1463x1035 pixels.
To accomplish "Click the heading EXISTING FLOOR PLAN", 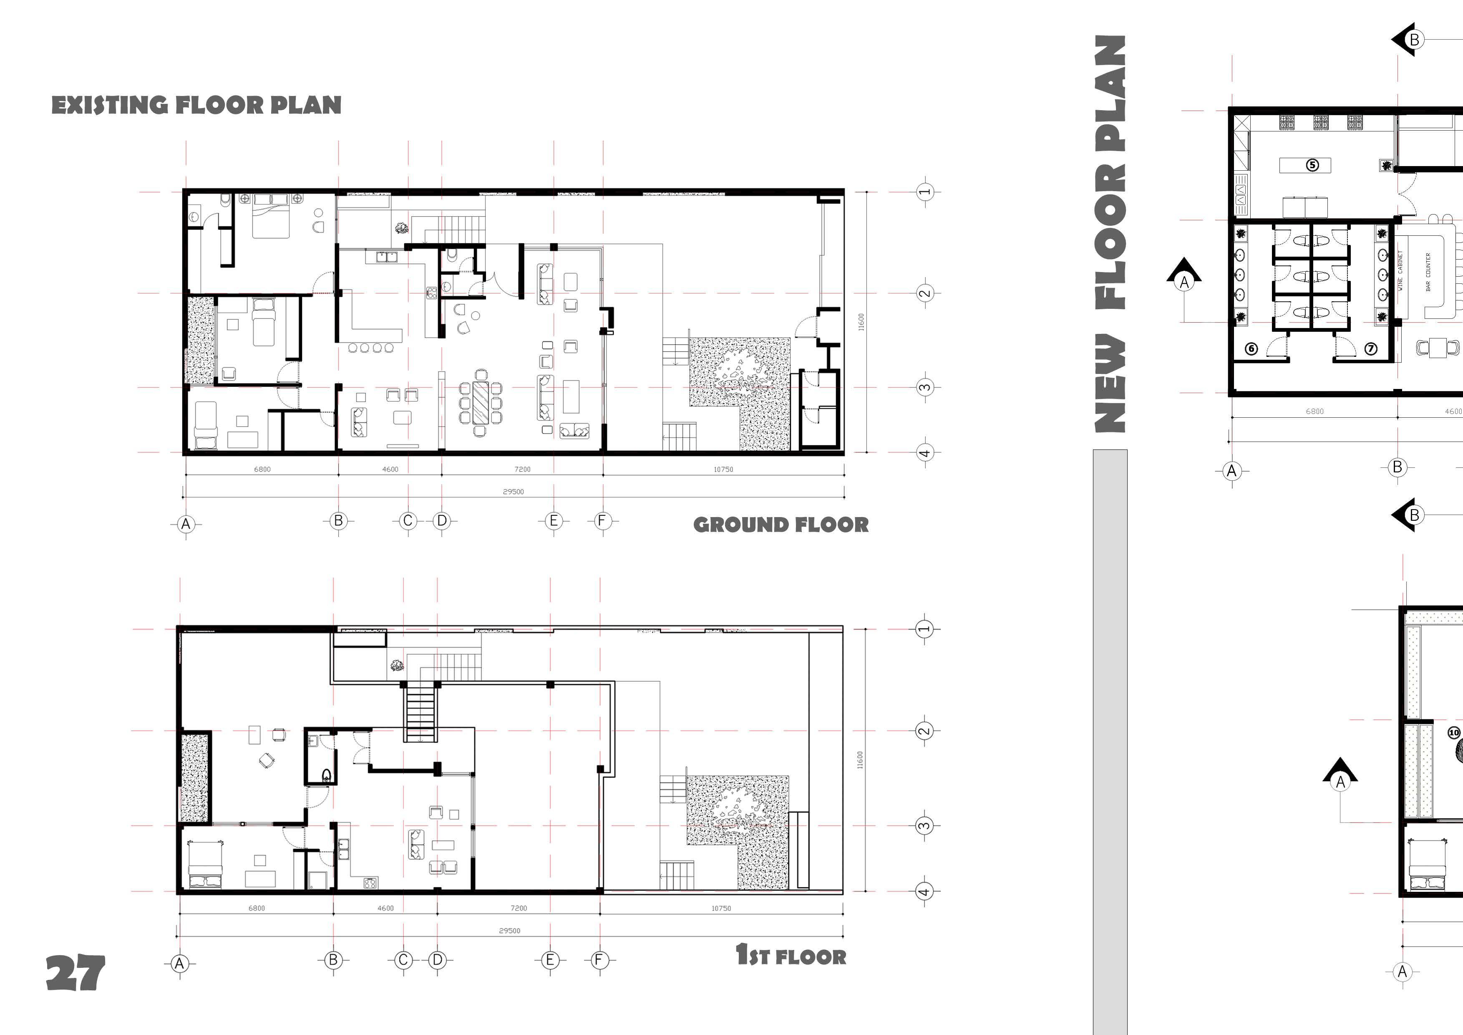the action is click(196, 105).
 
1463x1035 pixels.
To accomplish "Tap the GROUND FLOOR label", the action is click(781, 525).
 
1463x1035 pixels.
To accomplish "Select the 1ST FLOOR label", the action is click(791, 955).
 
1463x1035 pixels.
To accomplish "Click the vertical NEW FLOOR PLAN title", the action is click(1110, 234).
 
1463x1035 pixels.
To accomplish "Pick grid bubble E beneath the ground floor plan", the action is click(554, 521).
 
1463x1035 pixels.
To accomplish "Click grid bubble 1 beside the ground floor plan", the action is click(924, 191).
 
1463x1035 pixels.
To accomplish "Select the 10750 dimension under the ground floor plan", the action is click(723, 470).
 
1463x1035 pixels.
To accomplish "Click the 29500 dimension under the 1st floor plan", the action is click(510, 931).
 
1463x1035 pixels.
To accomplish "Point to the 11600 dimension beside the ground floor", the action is click(861, 322).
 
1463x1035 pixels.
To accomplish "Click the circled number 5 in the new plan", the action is click(1313, 165).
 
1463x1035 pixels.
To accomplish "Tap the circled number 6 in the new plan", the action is click(1251, 348).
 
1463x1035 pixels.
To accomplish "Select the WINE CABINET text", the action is click(1400, 271).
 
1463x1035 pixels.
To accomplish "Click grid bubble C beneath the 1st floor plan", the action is click(403, 960).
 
